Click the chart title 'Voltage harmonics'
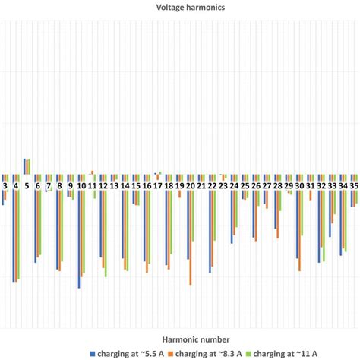pos(180,8)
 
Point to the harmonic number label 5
pos(27,185)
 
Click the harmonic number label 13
pos(114,185)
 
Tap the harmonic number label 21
pos(201,185)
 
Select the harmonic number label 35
pos(354,185)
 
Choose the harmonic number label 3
pos(5,185)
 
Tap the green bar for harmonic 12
pos(106,235)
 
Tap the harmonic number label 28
pos(278,185)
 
